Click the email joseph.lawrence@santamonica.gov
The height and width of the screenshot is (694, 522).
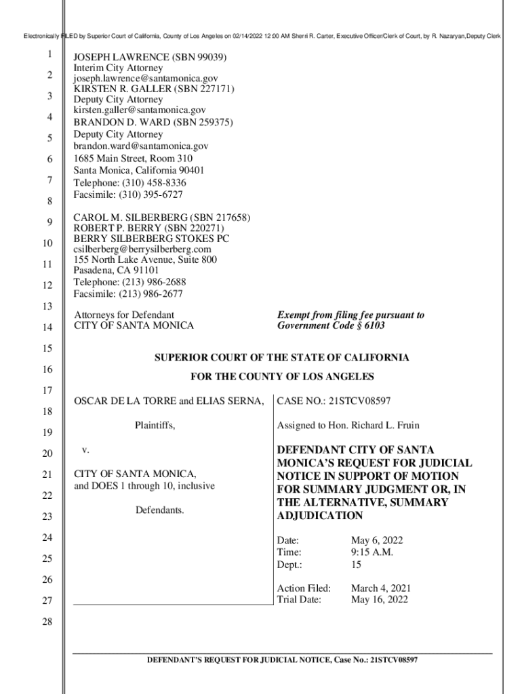click(x=146, y=79)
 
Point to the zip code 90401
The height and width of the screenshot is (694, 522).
click(x=189, y=170)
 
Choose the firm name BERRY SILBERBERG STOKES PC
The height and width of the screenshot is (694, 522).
click(x=151, y=239)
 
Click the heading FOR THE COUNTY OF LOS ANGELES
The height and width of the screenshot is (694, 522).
click(x=282, y=377)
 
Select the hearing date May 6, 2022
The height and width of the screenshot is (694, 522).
click(x=377, y=540)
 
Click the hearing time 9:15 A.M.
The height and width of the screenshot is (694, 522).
click(x=372, y=552)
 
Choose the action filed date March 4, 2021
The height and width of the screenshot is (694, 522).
click(x=380, y=588)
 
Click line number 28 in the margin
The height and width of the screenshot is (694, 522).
click(x=47, y=622)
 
